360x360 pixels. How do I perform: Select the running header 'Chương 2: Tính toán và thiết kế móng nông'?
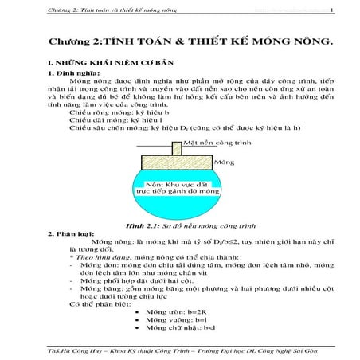[100, 11]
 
